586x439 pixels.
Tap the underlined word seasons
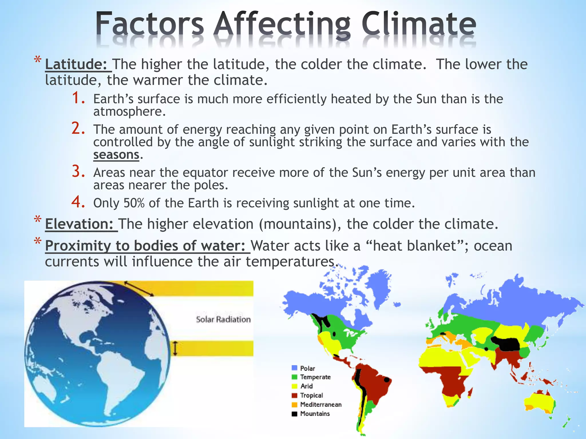coord(116,155)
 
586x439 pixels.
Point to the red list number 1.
coord(78,98)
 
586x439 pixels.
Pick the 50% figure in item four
coord(134,203)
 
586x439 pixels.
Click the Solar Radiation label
coord(223,319)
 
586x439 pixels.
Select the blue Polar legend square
coord(294,368)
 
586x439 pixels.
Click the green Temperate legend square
coord(294,377)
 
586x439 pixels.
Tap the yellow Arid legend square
coord(294,386)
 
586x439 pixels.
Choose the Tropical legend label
coord(312,395)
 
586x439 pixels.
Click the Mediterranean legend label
coord(321,404)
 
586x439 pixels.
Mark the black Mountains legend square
coord(294,414)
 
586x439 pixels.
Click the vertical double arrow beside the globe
coord(175,348)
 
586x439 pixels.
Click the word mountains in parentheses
coord(298,224)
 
